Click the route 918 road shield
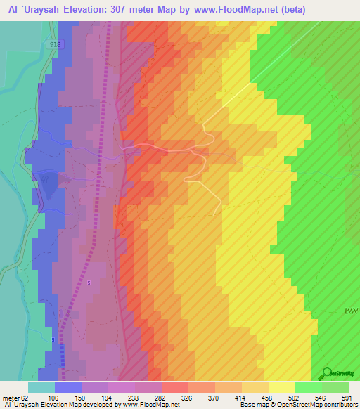pyautogui.click(x=55, y=44)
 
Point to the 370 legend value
pyautogui.click(x=215, y=398)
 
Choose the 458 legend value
pyautogui.click(x=269, y=398)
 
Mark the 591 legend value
pyautogui.click(x=347, y=398)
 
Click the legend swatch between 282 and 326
pyautogui.click(x=175, y=387)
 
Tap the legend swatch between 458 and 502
pyautogui.click(x=282, y=387)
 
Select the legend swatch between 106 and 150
pyautogui.click(x=68, y=387)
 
